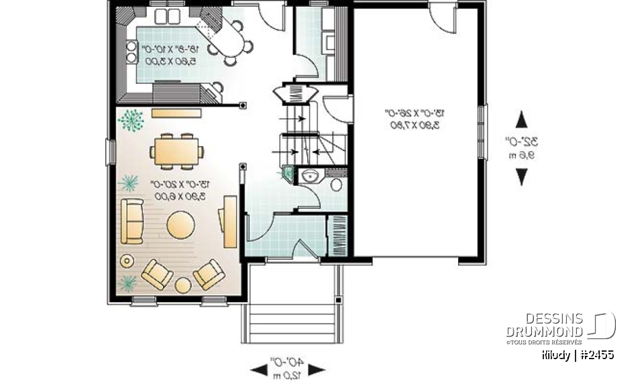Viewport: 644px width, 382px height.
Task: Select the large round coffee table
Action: tap(182, 225)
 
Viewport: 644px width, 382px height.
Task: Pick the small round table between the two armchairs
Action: tap(182, 285)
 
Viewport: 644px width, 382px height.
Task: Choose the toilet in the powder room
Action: tap(335, 183)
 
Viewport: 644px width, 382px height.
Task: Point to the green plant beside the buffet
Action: tap(131, 120)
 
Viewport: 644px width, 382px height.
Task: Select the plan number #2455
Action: tap(596, 355)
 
